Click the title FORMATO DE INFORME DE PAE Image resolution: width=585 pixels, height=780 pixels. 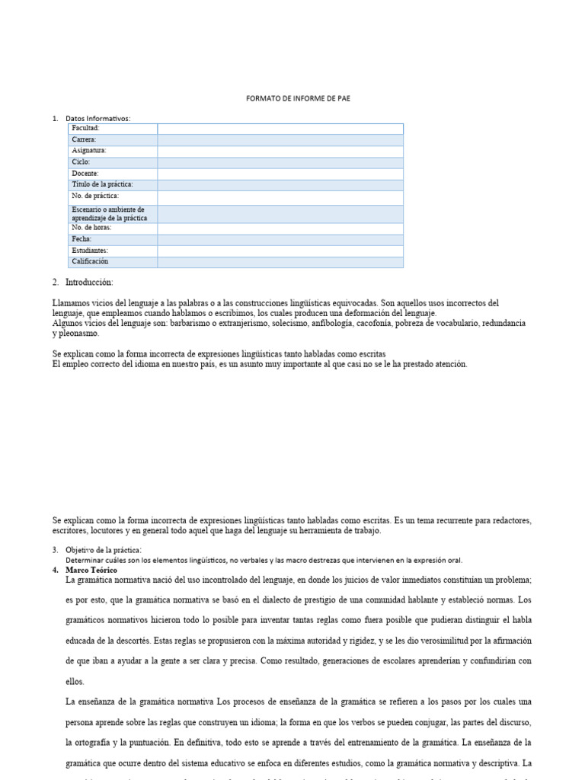298,98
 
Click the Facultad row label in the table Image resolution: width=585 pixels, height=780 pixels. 86,129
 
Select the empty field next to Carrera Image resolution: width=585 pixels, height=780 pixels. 280,140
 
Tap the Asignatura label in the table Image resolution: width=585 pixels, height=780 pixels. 89,151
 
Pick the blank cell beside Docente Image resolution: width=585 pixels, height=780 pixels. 280,174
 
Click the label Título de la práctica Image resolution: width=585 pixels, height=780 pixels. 103,184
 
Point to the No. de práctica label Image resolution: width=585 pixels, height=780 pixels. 95,197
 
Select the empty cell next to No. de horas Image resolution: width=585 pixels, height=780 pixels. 280,229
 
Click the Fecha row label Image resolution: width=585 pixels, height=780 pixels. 82,239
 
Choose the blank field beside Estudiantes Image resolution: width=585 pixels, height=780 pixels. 280,251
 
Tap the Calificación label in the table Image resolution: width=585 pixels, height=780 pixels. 91,261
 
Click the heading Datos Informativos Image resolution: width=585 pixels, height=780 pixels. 98,118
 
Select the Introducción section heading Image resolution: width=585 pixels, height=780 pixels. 89,283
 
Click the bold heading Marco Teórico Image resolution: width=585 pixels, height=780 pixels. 92,570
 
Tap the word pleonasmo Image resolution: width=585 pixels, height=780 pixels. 79,334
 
